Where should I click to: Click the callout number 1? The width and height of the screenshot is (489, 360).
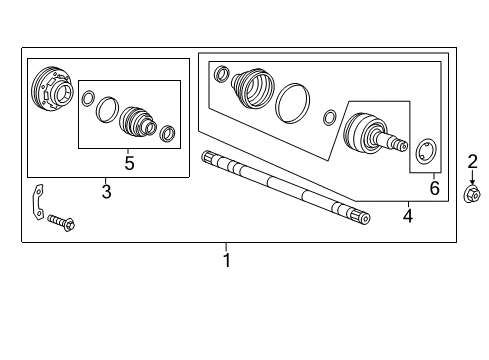point(226,261)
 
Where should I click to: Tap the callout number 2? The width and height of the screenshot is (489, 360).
point(473,161)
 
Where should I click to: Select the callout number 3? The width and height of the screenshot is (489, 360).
point(106,190)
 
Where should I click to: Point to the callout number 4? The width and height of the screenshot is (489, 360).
point(407,214)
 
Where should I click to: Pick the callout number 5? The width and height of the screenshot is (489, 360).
point(129,161)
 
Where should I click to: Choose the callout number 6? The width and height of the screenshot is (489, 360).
point(433,186)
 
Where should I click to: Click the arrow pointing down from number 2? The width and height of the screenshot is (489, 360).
point(473,177)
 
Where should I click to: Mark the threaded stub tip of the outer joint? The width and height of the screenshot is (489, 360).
point(402,146)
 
